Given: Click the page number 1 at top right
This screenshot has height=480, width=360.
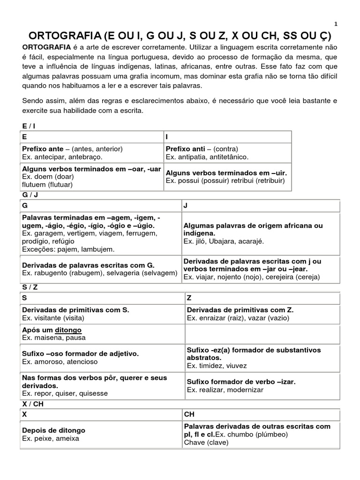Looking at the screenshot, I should coord(336,24).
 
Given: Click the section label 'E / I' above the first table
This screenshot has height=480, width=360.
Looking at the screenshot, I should coord(28,127).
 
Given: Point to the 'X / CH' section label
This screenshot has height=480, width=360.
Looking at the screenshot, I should coord(31,404).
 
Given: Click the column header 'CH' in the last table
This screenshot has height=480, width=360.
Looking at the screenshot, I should coord(189,414).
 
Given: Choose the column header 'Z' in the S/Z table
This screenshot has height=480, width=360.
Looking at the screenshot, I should coord(189,298).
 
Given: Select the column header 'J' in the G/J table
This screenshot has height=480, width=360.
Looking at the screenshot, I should coord(186,206).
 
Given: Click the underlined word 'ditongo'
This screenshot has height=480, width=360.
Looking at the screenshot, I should coord(68,330).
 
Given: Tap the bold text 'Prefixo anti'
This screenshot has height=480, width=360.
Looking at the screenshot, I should coord(185,149).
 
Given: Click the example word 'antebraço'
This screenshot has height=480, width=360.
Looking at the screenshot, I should coord(86,157).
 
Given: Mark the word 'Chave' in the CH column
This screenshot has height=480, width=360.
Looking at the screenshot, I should coord(194,442).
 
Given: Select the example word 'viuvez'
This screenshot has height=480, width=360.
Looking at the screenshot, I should coord(235,366).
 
